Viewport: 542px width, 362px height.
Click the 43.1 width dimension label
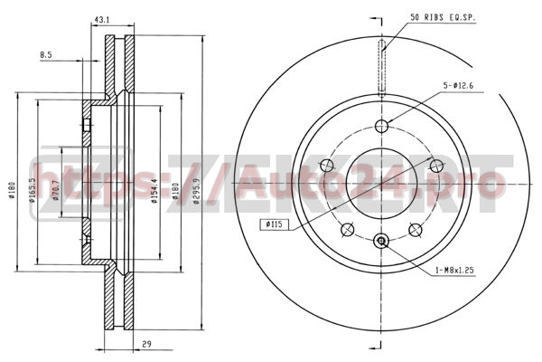click(x=102, y=19)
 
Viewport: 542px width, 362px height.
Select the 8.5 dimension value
click(x=46, y=55)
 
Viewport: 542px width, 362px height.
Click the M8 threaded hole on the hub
click(x=381, y=241)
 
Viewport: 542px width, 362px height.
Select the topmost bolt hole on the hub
click(x=381, y=126)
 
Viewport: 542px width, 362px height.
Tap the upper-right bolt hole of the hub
click(x=435, y=165)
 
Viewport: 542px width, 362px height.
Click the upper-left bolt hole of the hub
click(x=327, y=165)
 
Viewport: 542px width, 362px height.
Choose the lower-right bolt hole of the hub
click(x=415, y=228)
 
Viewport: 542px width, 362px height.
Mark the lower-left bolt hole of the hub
click(x=348, y=228)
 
